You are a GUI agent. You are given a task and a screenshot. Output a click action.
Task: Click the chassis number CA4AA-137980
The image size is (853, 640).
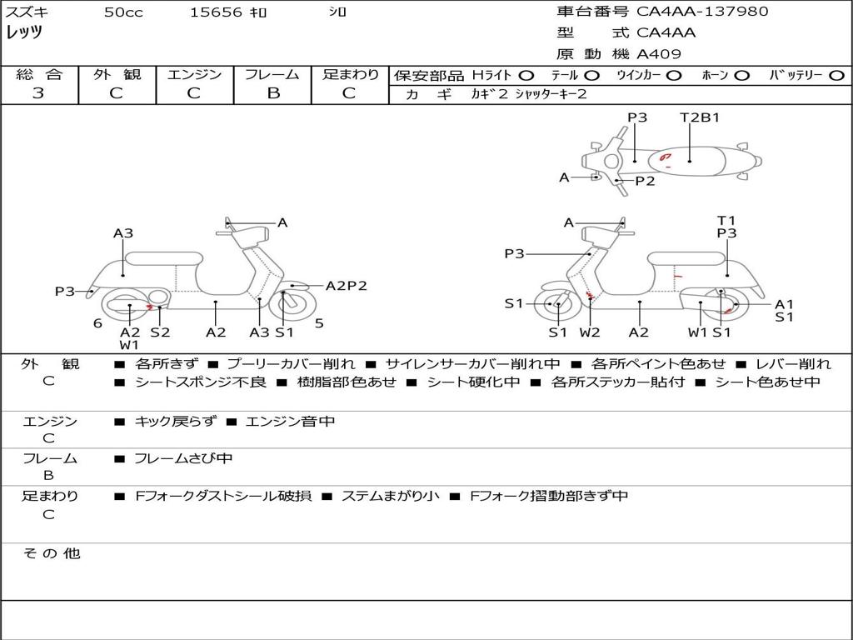pyautogui.click(x=702, y=12)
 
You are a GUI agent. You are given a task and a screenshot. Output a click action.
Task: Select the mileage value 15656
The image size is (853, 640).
pyautogui.click(x=216, y=12)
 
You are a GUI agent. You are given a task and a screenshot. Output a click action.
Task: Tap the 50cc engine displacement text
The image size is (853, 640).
pyautogui.click(x=122, y=12)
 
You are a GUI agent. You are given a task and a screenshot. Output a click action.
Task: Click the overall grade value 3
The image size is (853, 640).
pyautogui.click(x=38, y=93)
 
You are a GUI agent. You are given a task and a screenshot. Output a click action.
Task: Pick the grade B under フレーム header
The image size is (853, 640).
pyautogui.click(x=272, y=93)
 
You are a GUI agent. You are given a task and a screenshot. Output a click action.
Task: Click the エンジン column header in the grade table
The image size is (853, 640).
pyautogui.click(x=194, y=75)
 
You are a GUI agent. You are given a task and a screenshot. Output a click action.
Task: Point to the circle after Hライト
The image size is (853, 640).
pyautogui.click(x=526, y=76)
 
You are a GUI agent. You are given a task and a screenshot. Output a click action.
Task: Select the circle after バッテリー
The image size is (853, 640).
pyautogui.click(x=836, y=76)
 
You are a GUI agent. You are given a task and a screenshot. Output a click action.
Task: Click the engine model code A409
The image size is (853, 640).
pyautogui.click(x=659, y=54)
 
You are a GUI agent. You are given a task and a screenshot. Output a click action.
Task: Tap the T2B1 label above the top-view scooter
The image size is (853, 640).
pyautogui.click(x=700, y=117)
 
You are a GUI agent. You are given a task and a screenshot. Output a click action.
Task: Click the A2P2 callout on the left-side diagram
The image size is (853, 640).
pyautogui.click(x=346, y=286)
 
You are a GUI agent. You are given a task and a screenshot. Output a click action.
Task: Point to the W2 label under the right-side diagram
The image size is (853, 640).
pyautogui.click(x=590, y=332)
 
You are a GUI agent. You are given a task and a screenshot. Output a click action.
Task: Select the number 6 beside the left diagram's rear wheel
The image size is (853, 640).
pyautogui.click(x=97, y=323)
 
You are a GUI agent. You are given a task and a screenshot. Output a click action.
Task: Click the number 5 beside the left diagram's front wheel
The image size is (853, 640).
pyautogui.click(x=319, y=323)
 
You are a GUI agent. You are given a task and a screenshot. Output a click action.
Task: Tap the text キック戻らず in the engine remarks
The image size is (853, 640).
pyautogui.click(x=175, y=422)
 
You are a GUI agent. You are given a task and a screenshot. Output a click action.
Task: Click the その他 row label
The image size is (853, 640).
pyautogui.click(x=51, y=553)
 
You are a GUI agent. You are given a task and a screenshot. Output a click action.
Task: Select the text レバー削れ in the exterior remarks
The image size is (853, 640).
pyautogui.click(x=792, y=364)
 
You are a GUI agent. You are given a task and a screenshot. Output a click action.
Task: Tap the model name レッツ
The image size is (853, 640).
pyautogui.click(x=24, y=32)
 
